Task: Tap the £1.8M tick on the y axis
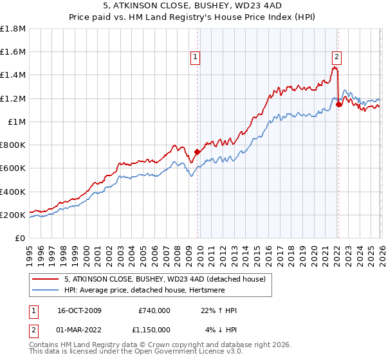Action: click(13, 29)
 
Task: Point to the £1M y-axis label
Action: click(15, 122)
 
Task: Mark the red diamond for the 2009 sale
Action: click(197, 152)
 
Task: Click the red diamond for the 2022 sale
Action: click(338, 105)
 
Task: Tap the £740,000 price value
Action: click(154, 310)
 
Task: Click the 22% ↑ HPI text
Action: click(219, 310)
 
